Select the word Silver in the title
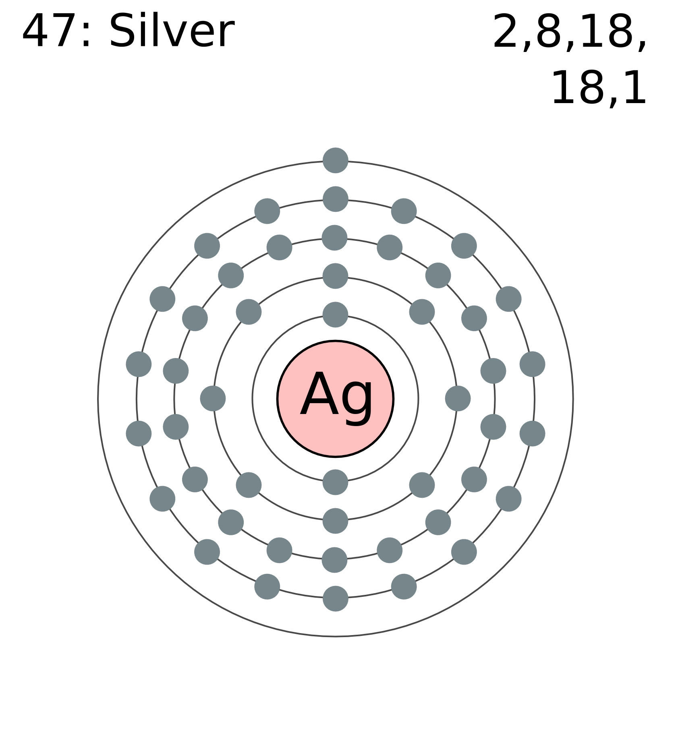[x=172, y=31]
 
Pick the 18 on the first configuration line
[x=605, y=31]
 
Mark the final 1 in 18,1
[x=633, y=88]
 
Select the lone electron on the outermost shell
[x=336, y=160]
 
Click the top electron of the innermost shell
[x=336, y=315]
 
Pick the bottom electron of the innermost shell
[x=336, y=482]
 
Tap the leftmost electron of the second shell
[x=213, y=398]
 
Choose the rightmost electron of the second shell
[x=458, y=398]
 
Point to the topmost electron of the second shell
[x=336, y=276]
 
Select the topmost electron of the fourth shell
[x=336, y=199]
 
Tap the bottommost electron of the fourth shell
[x=336, y=598]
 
